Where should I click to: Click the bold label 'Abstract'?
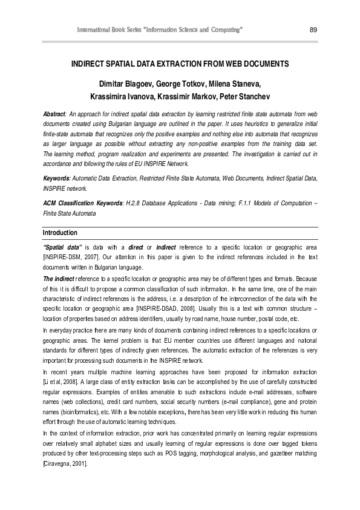pyautogui.click(x=54, y=114)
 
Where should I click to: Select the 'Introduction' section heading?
pyautogui.click(x=60, y=233)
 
